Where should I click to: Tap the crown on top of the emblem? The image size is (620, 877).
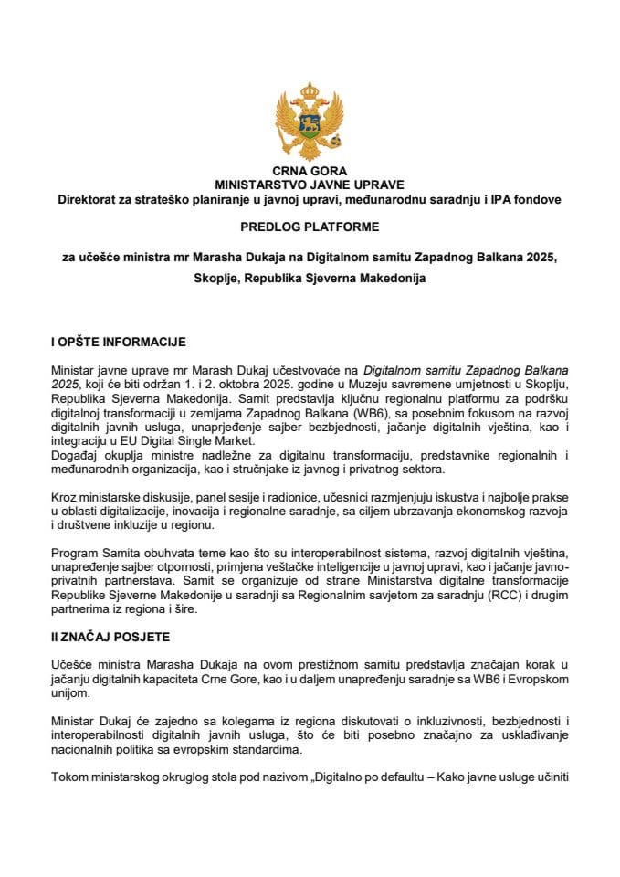click(310, 90)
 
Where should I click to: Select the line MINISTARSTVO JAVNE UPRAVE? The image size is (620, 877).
click(310, 185)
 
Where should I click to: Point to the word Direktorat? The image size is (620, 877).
click(89, 198)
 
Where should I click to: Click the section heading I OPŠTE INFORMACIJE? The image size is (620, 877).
click(119, 343)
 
